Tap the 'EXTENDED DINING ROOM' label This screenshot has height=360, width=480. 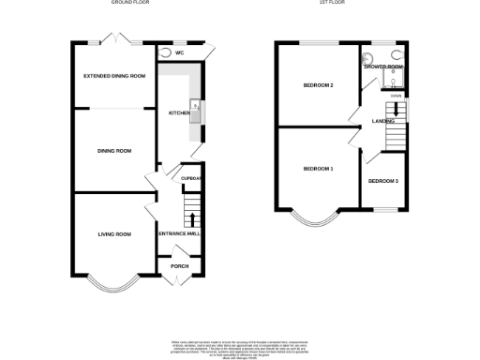click(114, 75)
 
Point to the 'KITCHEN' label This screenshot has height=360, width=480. click(178, 112)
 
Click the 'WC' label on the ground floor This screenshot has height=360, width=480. click(179, 53)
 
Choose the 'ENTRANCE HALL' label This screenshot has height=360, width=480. click(179, 233)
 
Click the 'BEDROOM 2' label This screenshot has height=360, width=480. click(319, 85)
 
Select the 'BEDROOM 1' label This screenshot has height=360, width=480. click(318, 169)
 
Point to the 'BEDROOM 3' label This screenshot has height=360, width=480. click(382, 181)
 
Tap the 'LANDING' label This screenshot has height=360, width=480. click(382, 121)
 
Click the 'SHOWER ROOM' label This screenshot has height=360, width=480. click(383, 67)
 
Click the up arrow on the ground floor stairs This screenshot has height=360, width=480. click(193, 219)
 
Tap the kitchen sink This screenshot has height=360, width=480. click(194, 111)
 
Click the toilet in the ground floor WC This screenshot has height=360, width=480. click(166, 53)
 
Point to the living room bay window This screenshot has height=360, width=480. click(113, 277)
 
